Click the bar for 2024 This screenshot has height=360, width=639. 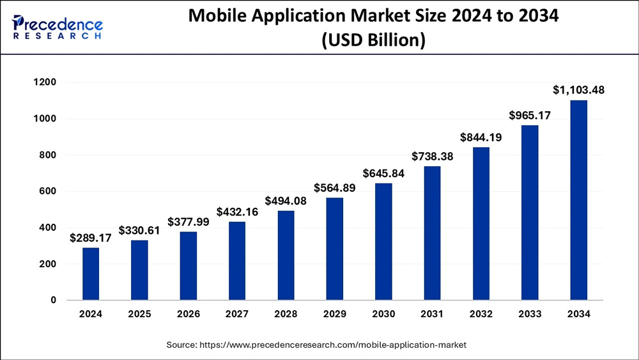pos(91,274)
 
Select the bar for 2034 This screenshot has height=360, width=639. pos(578,200)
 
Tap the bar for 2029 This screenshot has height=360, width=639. pos(335,249)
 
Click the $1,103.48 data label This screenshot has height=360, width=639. pos(578,90)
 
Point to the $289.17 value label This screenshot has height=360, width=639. pos(91,238)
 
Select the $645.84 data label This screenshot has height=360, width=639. pos(383,173)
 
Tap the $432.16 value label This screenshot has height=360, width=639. pos(237,212)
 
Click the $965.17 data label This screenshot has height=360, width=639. pos(530,116)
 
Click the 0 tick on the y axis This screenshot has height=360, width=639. pos(53,300)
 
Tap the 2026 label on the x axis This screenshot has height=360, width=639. pos(189,314)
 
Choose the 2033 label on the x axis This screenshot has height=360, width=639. pos(530,314)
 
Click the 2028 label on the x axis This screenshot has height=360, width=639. pos(286,314)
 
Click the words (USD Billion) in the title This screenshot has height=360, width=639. pos(373,40)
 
